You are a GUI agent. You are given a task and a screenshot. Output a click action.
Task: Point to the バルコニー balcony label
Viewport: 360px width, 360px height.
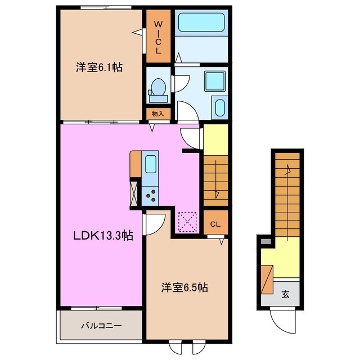coord(101,325)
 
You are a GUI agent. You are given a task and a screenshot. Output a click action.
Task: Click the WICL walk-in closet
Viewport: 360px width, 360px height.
coord(158,37)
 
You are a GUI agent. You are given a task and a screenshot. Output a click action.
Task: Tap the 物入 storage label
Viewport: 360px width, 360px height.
coord(158,114)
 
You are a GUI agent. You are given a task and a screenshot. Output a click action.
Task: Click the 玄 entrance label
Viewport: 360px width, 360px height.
coord(285,294)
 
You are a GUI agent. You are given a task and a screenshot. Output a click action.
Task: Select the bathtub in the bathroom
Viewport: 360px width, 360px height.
coord(200,23)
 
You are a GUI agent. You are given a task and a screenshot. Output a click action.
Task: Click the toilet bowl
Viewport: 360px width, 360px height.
coord(158,88)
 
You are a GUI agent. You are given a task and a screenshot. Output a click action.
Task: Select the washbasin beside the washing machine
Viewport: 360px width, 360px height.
coord(219,107)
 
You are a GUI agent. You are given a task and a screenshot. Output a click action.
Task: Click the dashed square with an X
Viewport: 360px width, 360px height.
coord(186,220)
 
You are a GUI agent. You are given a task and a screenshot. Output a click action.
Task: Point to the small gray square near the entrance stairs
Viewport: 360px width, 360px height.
coord(265,242)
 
